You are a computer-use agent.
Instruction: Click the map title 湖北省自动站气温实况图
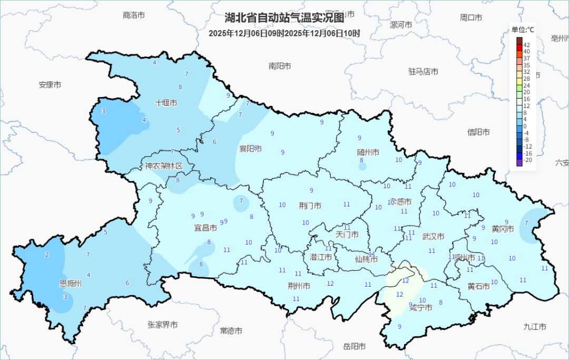pos(284,18)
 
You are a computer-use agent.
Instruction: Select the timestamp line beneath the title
pos(284,33)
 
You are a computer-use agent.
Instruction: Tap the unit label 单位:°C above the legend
pos(522,30)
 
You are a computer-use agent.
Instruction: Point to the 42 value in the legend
pos(526,45)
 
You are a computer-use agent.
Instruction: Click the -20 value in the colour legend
pos(527,160)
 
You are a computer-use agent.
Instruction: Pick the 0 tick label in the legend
pos(525,127)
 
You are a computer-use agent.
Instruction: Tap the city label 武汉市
pos(433,237)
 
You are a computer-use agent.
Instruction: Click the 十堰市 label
pos(166,103)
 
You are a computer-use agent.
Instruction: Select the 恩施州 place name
pos(70,284)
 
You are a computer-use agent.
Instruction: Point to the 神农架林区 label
pos(164,166)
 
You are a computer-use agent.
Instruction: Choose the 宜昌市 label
pos(205,228)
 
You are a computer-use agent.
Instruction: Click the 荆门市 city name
pos(310,206)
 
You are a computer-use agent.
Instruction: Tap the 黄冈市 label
pos(503,229)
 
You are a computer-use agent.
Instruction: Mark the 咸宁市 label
pos(420,307)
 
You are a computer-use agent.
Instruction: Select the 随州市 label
pos(368,152)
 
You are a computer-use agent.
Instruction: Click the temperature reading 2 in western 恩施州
pos(47,255)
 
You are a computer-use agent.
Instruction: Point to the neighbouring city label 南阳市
pos(280,66)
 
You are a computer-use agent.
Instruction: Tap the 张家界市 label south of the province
pos(162,325)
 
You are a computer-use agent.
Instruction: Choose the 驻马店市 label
pos(423,71)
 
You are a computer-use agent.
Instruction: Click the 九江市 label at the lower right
pos(534,327)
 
